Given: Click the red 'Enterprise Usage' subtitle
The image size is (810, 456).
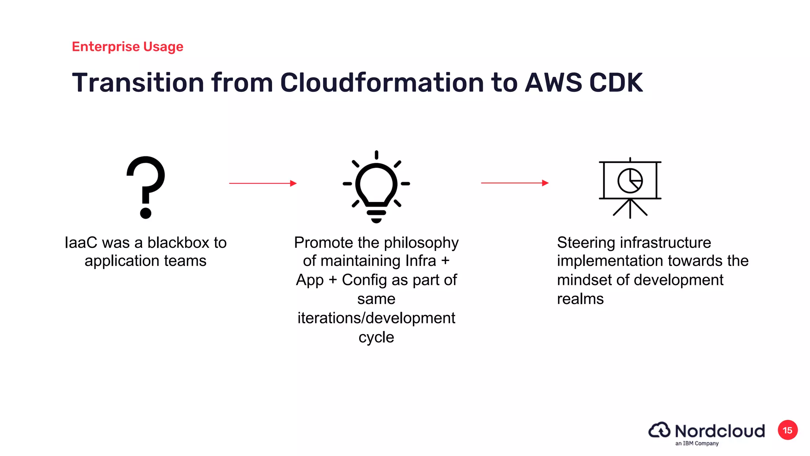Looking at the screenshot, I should (x=127, y=47).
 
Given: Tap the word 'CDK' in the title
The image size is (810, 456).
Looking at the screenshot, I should (x=616, y=83).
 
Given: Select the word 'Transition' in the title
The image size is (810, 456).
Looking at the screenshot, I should (x=138, y=83).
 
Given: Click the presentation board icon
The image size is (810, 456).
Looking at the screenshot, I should (x=630, y=188).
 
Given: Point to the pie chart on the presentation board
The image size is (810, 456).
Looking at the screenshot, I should (x=630, y=180).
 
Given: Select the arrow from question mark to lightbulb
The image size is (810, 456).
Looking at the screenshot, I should (x=263, y=183).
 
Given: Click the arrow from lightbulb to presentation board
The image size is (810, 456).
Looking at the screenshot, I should (x=515, y=183).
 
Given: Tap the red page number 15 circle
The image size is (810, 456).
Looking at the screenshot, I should (x=787, y=430).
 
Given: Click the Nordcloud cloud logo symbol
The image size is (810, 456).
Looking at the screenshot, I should (x=659, y=430).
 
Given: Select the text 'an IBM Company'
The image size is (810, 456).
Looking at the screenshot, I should (x=697, y=443).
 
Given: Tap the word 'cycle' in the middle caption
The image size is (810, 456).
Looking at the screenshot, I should (x=376, y=337).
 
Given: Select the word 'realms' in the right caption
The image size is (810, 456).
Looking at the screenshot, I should (x=580, y=299).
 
